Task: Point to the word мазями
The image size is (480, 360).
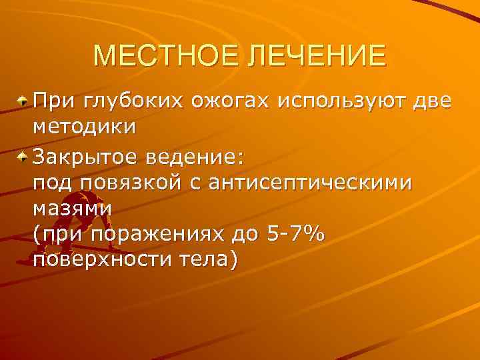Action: coord(72,207)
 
